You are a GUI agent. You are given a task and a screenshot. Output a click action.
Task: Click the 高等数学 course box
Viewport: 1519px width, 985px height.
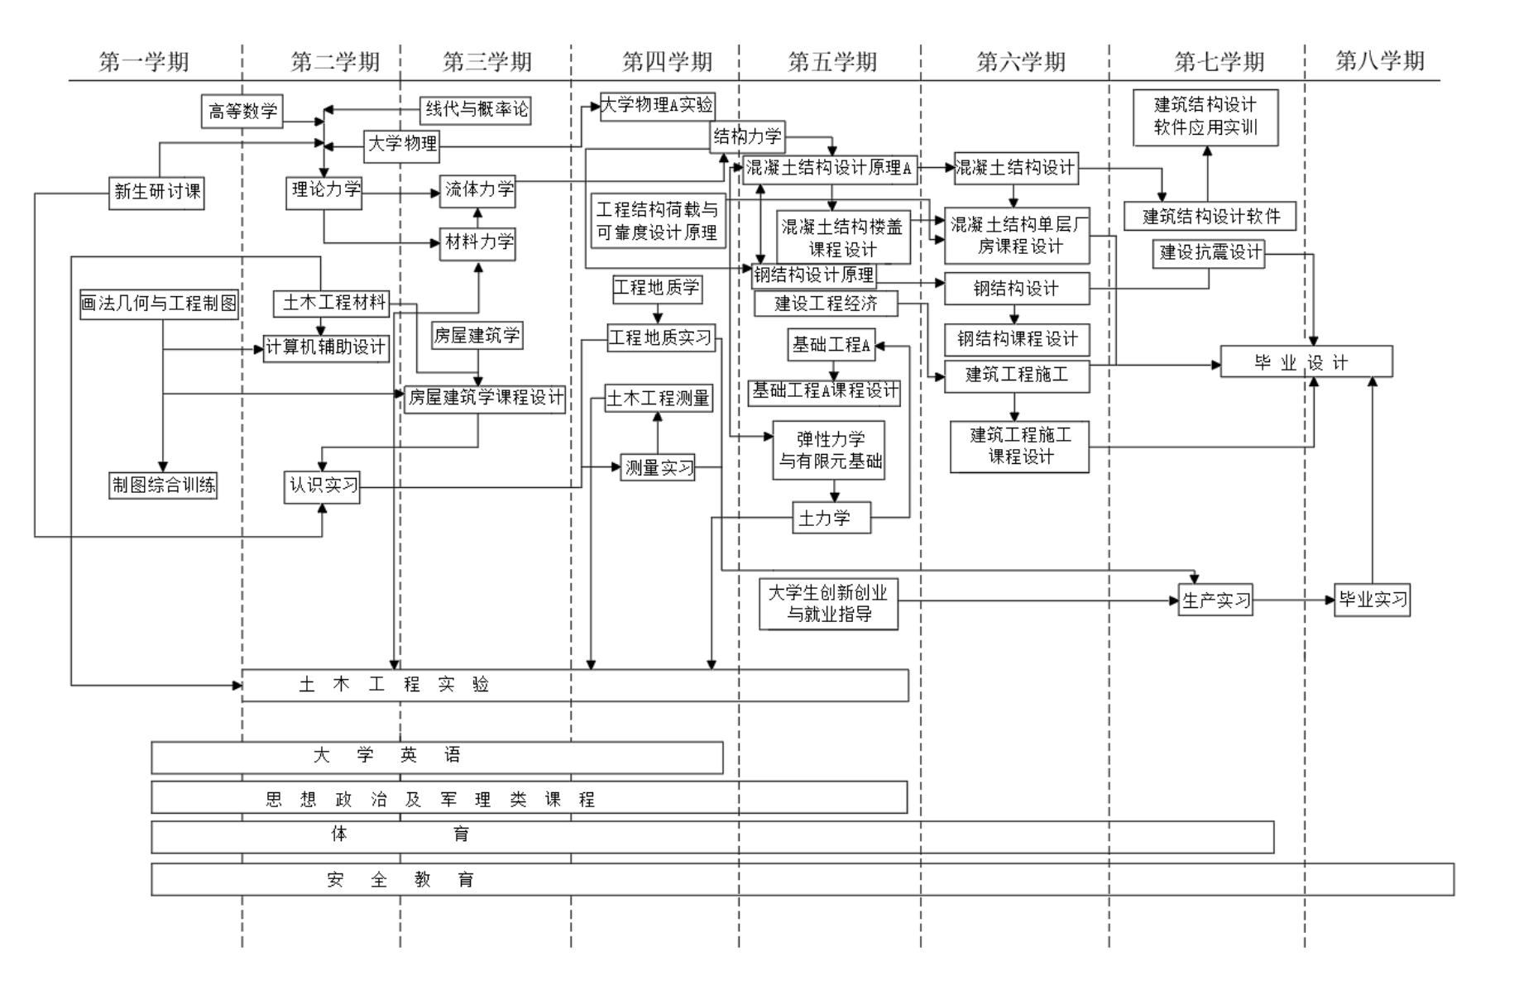pos(242,111)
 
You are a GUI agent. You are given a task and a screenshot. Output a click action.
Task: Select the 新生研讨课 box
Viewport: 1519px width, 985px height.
pos(156,192)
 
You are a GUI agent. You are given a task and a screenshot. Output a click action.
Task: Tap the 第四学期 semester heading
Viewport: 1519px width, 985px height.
pos(667,62)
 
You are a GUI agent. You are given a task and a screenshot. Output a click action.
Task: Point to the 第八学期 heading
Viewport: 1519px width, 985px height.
pos(1379,60)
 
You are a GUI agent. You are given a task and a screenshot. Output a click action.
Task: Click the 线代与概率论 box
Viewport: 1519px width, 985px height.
pos(476,109)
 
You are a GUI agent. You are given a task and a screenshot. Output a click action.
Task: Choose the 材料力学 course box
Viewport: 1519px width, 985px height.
pos(478,242)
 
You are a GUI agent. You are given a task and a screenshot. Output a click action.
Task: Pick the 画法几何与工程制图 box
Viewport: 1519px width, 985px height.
pos(159,304)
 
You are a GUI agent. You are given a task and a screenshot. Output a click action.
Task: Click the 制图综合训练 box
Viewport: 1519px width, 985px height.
pos(163,485)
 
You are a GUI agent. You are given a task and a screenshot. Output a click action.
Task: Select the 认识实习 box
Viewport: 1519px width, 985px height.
pos(323,485)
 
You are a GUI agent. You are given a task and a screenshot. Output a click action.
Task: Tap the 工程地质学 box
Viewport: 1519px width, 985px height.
pos(657,288)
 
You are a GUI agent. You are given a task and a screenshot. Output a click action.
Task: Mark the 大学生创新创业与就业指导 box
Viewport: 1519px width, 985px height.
pos(828,603)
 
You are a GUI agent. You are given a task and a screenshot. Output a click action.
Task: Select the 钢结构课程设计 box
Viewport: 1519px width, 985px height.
pos(1017,339)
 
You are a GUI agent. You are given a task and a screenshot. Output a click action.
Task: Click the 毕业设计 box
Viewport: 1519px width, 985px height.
pos(1306,362)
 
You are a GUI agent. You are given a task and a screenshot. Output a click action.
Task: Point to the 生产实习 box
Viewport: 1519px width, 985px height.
pos(1215,600)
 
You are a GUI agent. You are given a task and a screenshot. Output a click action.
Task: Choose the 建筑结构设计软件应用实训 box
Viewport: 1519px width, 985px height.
pos(1205,117)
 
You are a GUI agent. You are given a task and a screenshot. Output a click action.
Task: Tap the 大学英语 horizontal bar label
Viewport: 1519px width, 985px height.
pos(387,756)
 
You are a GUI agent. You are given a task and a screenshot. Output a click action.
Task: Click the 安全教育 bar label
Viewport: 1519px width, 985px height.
pos(400,880)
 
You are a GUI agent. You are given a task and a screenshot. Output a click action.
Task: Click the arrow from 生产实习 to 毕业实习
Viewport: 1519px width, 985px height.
pos(1292,600)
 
